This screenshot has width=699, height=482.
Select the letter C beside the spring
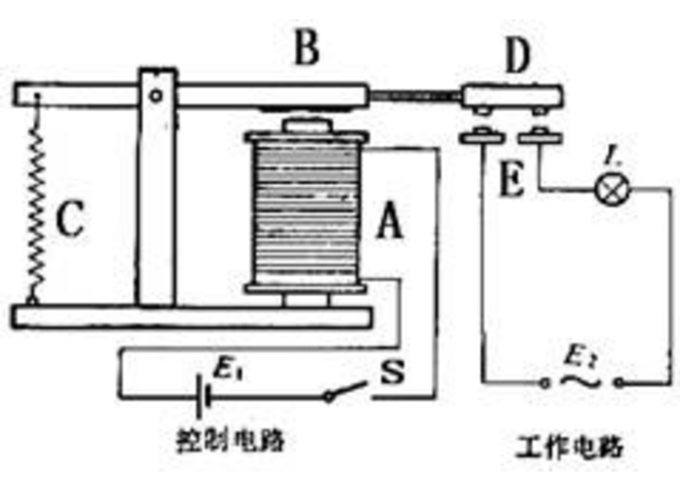click(70, 220)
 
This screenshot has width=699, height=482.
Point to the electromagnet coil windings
click(306, 213)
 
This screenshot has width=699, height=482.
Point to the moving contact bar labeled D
click(512, 98)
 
